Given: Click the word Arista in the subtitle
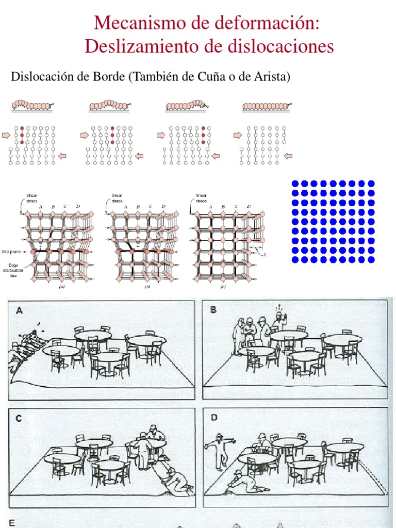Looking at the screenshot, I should (x=270, y=77).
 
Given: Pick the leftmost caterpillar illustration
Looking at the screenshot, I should (x=32, y=105).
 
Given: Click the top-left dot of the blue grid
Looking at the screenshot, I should (x=295, y=184).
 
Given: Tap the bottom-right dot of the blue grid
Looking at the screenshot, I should (x=371, y=259).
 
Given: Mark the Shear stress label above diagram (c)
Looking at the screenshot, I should (x=201, y=198).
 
